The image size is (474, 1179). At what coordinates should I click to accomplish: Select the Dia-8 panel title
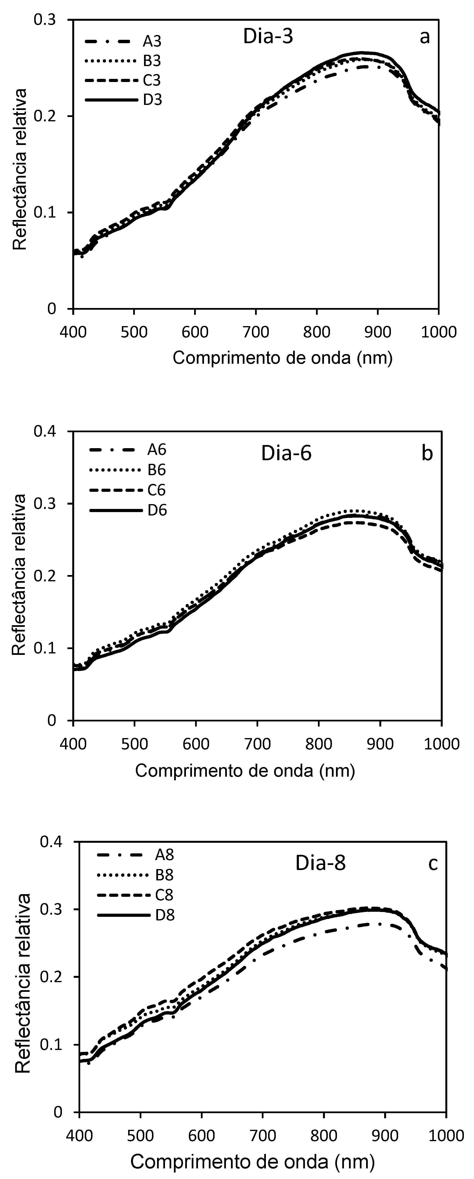coord(320,863)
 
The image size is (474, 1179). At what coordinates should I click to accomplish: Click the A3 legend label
coord(152,42)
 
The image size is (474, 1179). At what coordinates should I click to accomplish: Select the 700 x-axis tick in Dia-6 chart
coord(257,743)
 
